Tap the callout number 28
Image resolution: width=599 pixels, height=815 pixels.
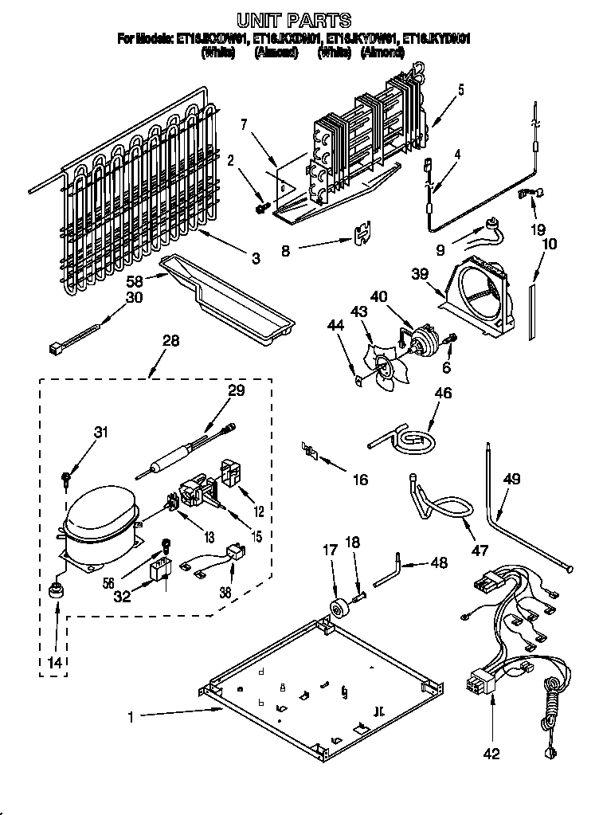tap(170, 341)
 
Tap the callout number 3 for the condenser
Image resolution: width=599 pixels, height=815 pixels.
tap(255, 257)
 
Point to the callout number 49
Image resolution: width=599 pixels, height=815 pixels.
tap(512, 479)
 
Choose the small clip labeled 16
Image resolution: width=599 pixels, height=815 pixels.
tap(310, 453)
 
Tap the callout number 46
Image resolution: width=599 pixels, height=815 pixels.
tap(442, 393)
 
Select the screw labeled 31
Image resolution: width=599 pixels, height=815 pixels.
tap(66, 478)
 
